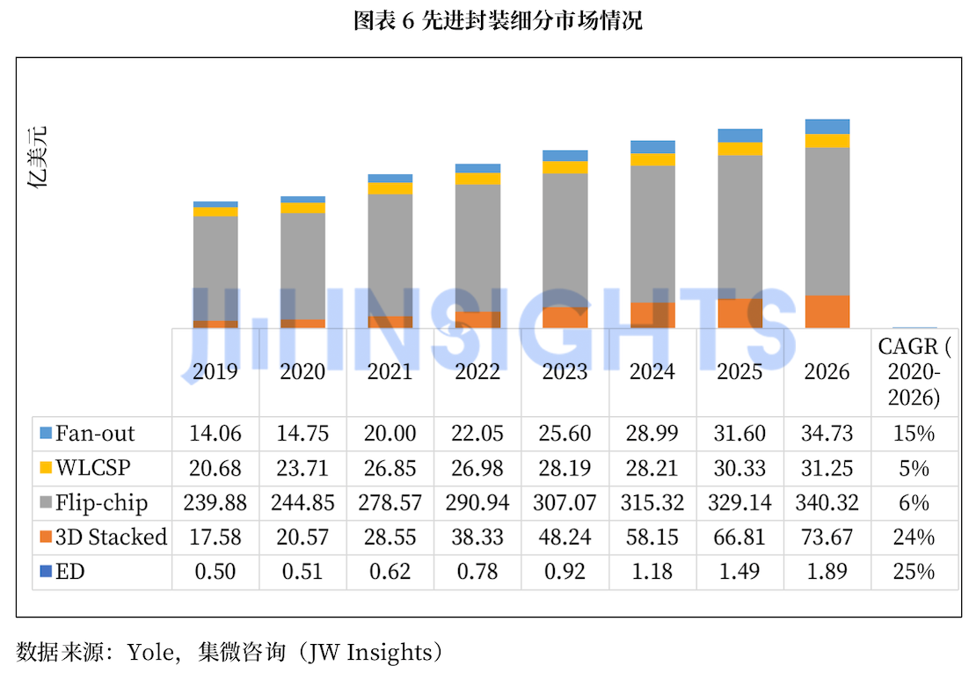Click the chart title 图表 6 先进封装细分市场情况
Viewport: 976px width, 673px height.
pos(498,20)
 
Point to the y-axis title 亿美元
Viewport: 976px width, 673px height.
pos(37,157)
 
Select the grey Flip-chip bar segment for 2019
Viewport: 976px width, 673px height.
pos(215,268)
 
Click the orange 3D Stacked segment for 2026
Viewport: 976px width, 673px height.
pos(827,311)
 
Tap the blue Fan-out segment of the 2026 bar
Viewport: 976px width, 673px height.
pos(827,127)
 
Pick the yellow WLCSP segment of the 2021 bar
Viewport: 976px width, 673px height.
pos(390,188)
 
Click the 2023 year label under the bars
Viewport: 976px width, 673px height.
pos(564,371)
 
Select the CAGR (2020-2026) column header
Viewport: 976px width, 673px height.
pos(914,371)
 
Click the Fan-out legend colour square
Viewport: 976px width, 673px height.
pos(46,433)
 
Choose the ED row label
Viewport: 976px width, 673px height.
pos(69,572)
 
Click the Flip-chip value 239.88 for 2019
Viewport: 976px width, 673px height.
pos(215,502)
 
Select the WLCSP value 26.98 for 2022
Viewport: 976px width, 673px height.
pos(477,468)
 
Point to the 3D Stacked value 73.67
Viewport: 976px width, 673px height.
pos(827,537)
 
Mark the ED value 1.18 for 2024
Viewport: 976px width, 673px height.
pos(652,572)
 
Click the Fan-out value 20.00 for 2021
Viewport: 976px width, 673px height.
pos(390,434)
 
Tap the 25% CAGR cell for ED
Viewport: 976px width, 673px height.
pos(914,572)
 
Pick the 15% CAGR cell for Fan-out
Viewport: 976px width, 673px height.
pos(914,434)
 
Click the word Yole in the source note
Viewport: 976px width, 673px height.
pos(150,652)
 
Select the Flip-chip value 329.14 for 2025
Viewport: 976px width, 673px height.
pos(739,502)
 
